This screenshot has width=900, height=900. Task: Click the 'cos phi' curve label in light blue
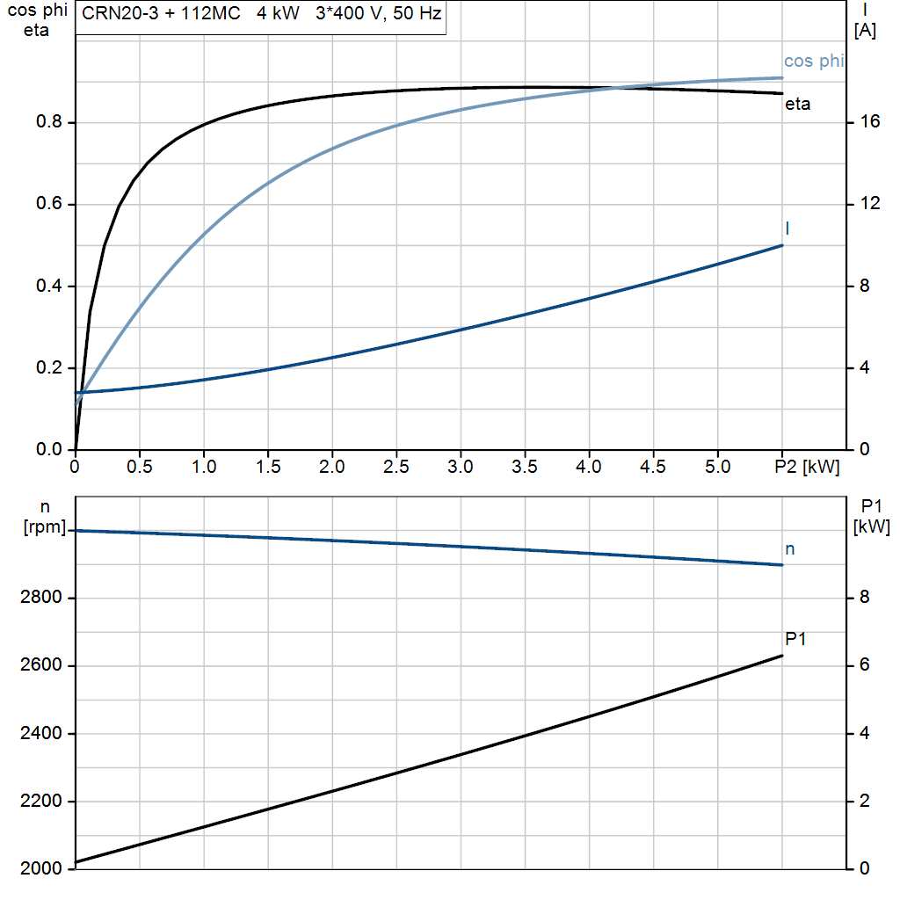coord(813,61)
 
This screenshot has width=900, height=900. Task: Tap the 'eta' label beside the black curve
coord(798,104)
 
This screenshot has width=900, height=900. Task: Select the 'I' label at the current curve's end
coord(787,229)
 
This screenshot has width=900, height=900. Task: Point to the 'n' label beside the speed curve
coord(790,549)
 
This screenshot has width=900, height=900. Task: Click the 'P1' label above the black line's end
coord(795,639)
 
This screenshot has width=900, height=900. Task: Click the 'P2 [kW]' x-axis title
coord(807,467)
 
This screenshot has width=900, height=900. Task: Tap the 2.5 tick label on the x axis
coord(396,467)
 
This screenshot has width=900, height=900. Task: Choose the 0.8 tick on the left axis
coord(48,121)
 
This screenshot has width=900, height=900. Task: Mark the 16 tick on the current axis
coord(869,121)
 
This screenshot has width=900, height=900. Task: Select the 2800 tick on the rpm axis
coord(40,598)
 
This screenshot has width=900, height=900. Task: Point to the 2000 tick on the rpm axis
coord(40,868)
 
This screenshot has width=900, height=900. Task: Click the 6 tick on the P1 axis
coord(865,664)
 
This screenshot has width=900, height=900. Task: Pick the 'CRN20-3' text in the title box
coord(120,13)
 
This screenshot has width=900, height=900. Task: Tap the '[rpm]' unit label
coord(44,527)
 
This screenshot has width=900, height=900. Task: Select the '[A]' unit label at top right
coord(865,30)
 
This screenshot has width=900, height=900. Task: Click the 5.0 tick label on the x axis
coord(717,467)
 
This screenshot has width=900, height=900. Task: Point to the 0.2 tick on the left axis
coord(48,367)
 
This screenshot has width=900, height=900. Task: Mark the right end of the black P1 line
coord(781,656)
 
